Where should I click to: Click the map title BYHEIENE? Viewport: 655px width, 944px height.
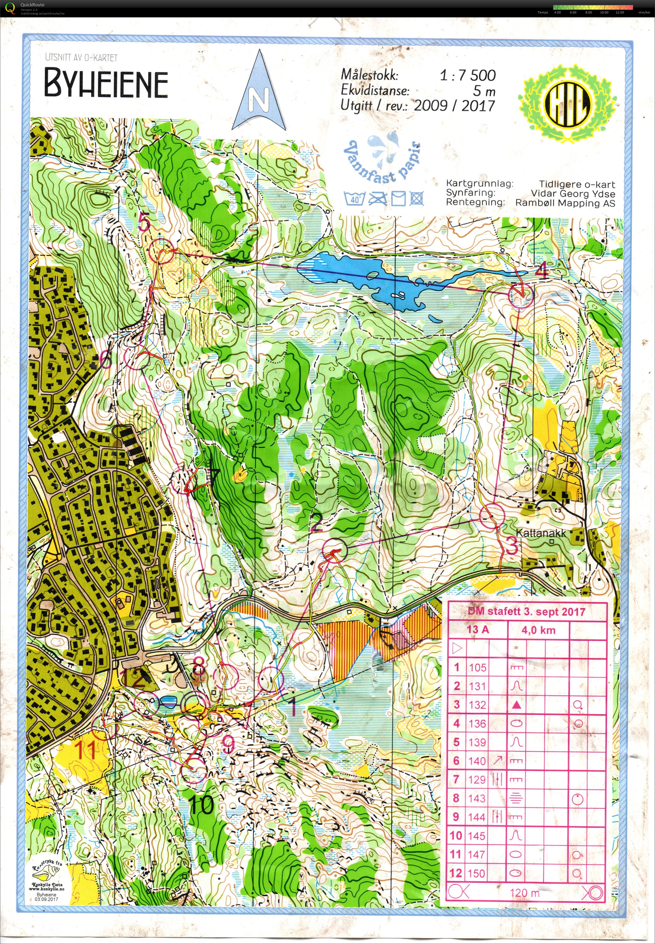coord(106,83)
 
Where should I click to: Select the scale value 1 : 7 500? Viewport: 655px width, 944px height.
coord(467,75)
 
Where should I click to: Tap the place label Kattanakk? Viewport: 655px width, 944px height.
coord(541,533)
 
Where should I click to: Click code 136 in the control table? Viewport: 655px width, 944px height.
coord(477,724)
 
